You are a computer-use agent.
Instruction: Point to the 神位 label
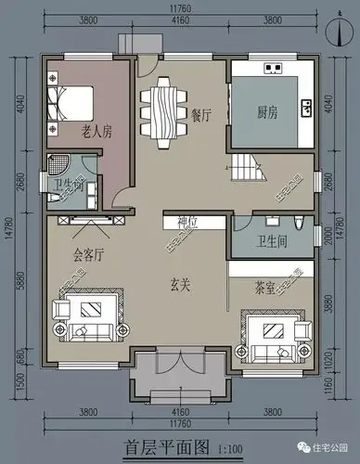(176, 222)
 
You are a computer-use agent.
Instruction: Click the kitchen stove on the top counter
(273, 68)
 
